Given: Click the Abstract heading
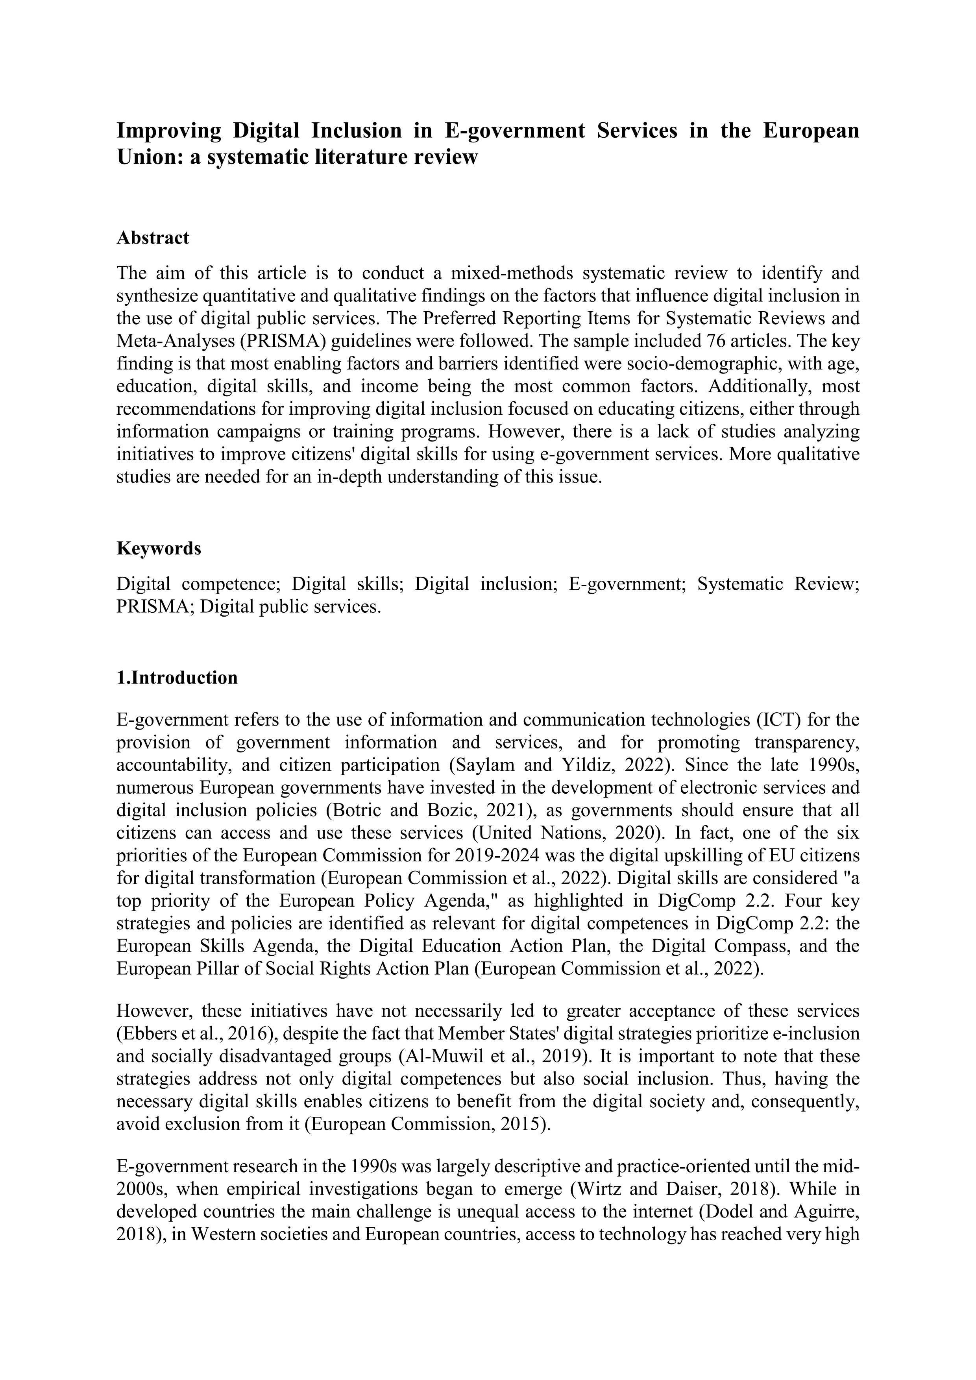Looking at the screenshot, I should tap(153, 238).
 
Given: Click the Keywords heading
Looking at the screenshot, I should tap(159, 549).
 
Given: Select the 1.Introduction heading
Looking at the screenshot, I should tap(177, 678).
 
